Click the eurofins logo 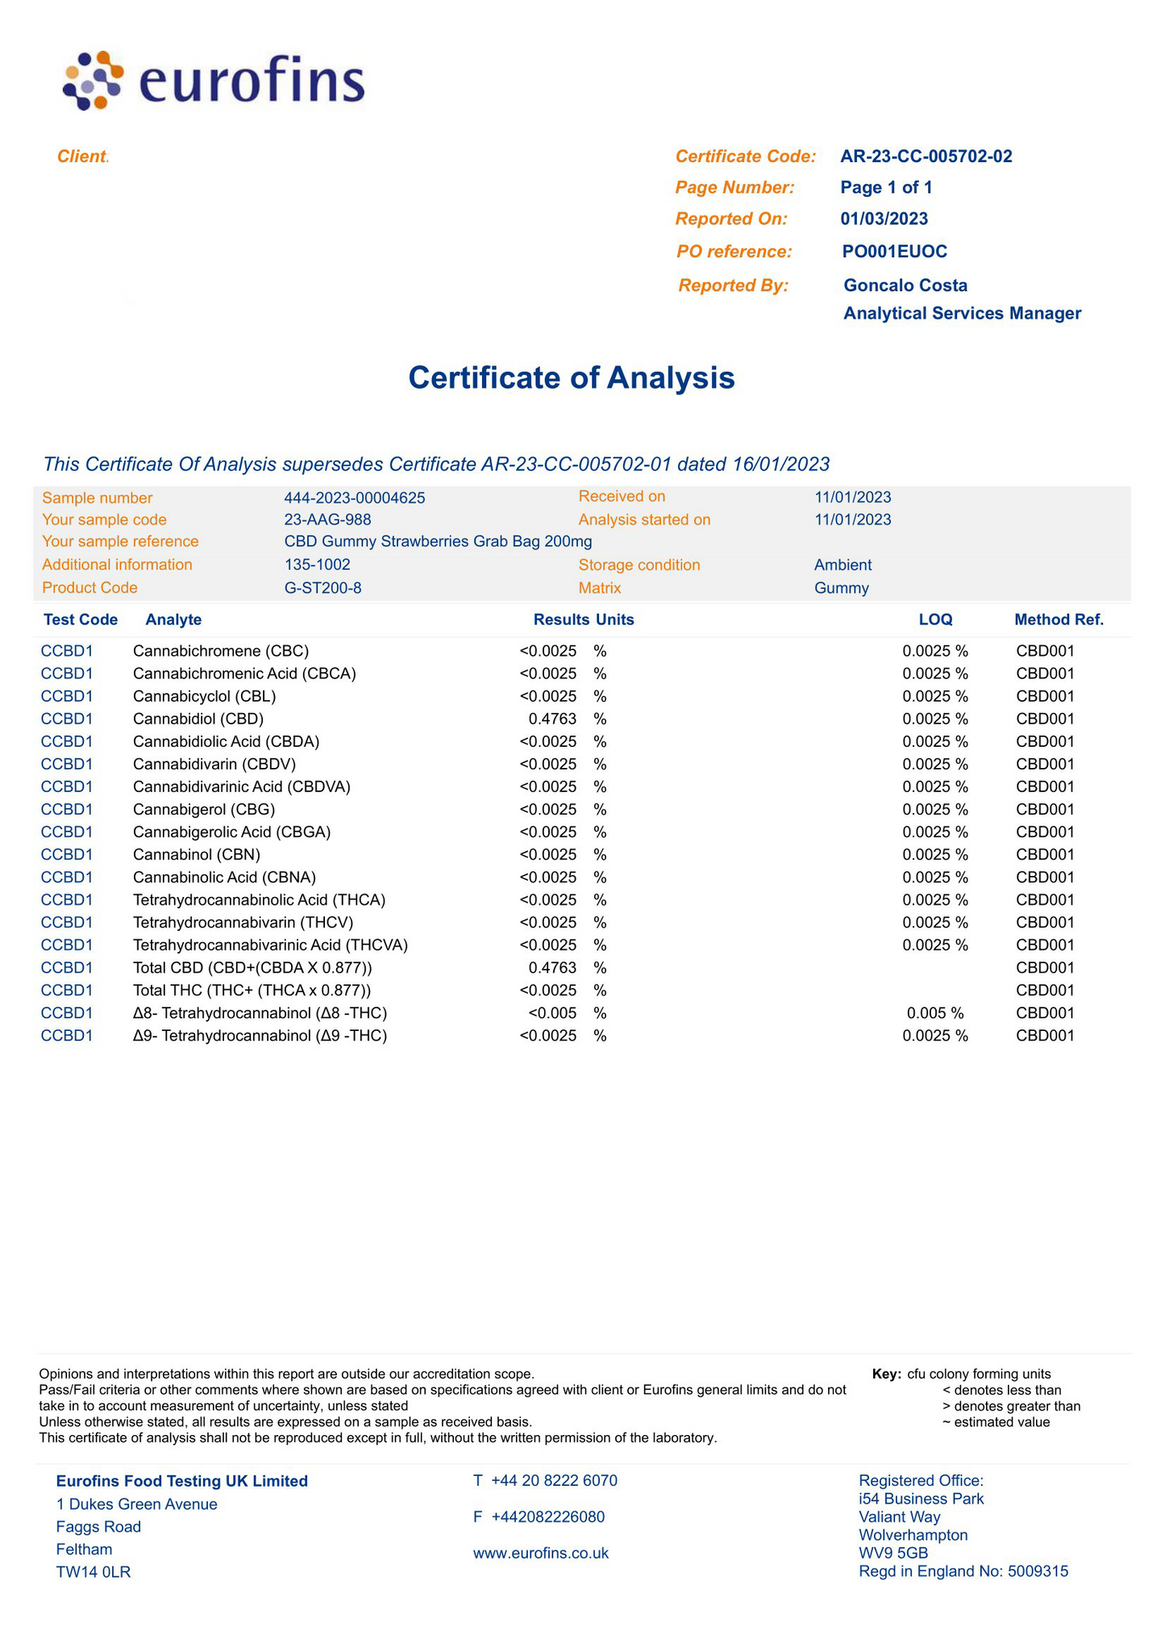coord(214,81)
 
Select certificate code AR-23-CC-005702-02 coord(926,156)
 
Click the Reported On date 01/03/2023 coord(884,219)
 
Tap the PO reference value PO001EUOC coord(894,252)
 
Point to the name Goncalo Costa coord(905,286)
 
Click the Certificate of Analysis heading coord(571,378)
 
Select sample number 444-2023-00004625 coord(354,499)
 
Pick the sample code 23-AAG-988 coord(327,519)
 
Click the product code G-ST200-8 coord(322,588)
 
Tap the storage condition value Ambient coord(843,565)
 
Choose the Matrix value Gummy coord(841,588)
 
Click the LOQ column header coord(935,620)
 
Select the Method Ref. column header coord(1058,620)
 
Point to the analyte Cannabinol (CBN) coord(197,854)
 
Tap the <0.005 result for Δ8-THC coord(552,1013)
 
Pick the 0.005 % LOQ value coord(934,1013)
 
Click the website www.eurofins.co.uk coord(540,1553)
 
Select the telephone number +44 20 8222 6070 coord(554,1480)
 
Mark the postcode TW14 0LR coord(93,1571)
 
